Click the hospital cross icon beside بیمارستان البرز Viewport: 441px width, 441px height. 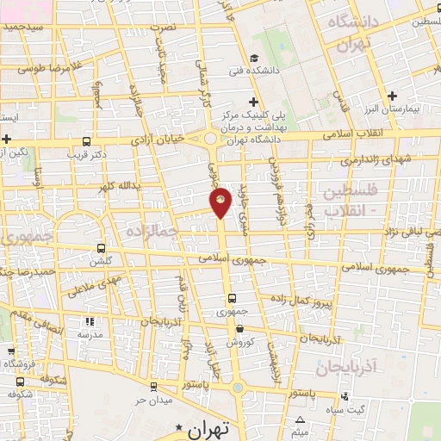392,96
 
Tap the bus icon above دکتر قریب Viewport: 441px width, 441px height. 86,141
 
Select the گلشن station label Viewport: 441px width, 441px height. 102,261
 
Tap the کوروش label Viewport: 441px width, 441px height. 239,342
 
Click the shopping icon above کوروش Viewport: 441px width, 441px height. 239,328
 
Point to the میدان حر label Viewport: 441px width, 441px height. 154,401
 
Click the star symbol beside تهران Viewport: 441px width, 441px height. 179,427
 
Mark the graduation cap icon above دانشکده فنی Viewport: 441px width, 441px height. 254,59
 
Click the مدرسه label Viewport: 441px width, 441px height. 90,333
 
